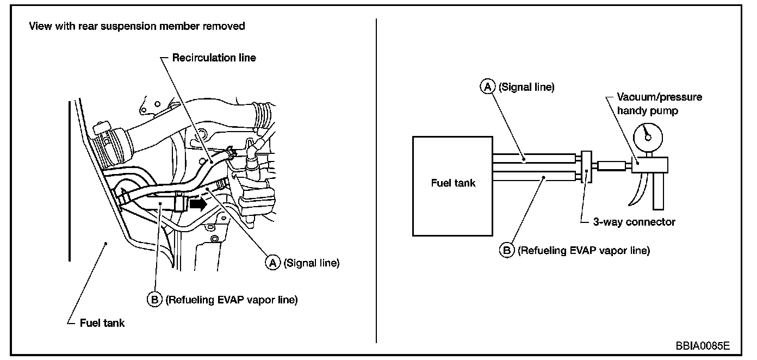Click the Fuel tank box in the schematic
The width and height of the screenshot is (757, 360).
452,185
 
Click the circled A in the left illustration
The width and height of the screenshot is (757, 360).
272,263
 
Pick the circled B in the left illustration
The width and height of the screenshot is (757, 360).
155,300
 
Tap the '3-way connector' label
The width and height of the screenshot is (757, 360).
634,222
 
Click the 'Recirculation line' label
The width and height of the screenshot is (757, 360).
214,57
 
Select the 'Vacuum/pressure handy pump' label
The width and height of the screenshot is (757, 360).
659,103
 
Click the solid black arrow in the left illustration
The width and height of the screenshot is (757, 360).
198,204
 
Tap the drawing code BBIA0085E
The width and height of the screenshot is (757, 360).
703,346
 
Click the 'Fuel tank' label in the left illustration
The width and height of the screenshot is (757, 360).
102,323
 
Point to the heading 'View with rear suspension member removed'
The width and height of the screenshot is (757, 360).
137,26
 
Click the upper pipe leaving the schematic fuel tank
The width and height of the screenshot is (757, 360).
533,158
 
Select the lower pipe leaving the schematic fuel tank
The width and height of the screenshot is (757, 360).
533,176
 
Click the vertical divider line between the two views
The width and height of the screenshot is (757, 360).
376,179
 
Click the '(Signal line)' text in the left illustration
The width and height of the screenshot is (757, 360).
311,263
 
